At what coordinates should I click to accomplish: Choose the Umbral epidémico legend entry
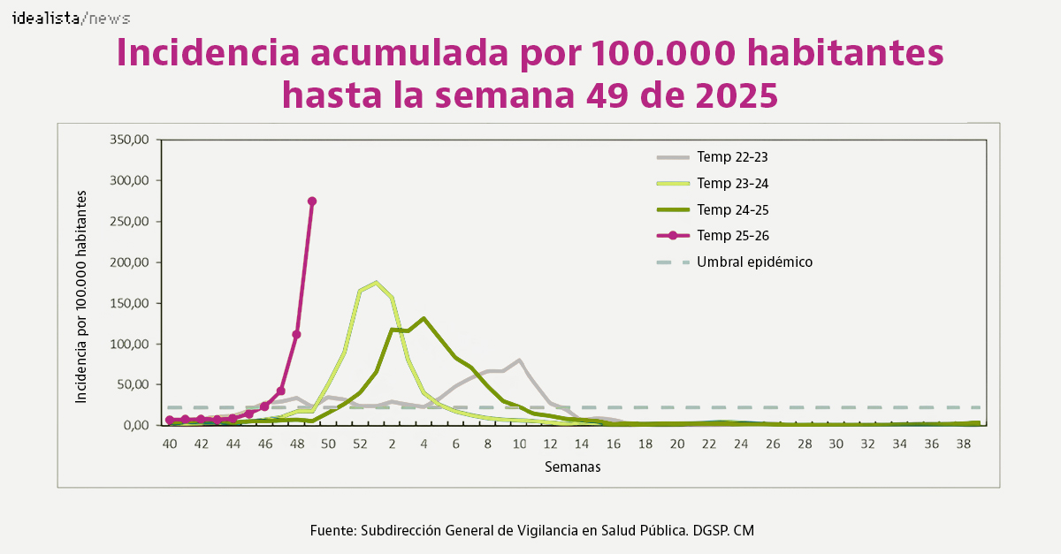[753, 262]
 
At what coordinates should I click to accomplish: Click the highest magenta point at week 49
[312, 201]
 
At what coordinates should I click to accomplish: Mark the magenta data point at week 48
[296, 335]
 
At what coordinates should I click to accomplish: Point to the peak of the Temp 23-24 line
[377, 283]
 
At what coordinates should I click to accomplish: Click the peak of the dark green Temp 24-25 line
[424, 318]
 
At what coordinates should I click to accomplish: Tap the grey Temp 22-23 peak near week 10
[519, 360]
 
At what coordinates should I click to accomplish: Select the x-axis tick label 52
[360, 444]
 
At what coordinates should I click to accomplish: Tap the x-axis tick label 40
[170, 444]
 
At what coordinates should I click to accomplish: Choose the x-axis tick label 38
[963, 444]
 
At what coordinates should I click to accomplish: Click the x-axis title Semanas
[572, 467]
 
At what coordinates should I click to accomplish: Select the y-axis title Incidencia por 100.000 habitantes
[81, 297]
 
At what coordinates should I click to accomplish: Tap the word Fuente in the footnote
[332, 530]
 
